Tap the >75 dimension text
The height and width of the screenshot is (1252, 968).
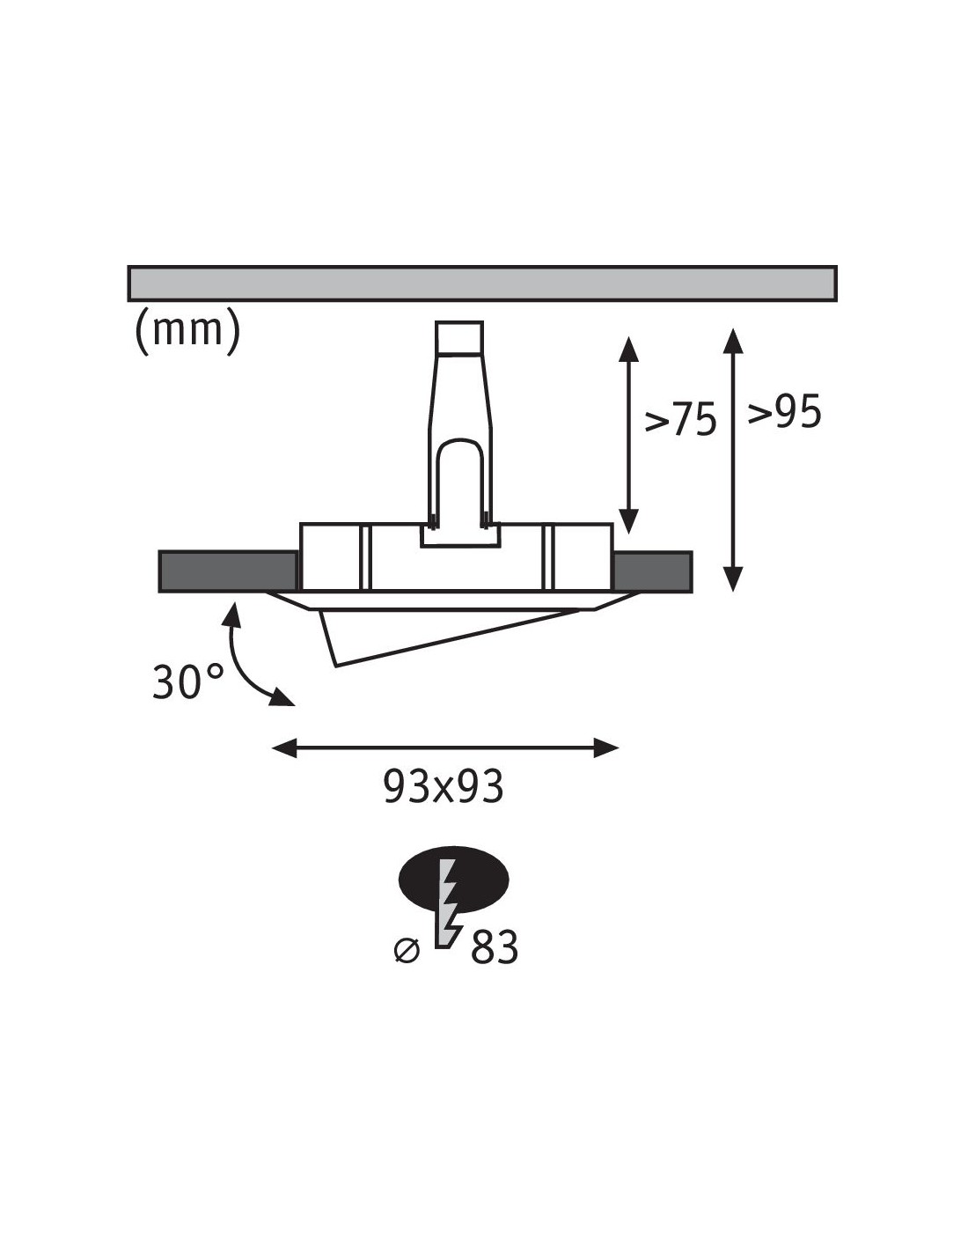pos(680,419)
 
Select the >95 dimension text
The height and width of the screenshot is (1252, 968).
pos(784,413)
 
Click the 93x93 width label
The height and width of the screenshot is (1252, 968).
pos(444,786)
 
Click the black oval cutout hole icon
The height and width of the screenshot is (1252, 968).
pos(454,880)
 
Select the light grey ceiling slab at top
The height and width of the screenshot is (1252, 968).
pos(482,284)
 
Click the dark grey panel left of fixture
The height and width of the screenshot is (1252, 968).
pos(228,571)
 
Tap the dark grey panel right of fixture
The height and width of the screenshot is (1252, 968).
pos(652,571)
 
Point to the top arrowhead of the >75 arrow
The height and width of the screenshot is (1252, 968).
pos(628,349)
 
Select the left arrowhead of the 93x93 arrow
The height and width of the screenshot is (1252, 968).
pos(283,748)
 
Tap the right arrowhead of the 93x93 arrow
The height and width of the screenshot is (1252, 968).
pos(606,748)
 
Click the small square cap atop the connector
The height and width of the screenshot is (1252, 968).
pos(459,337)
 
